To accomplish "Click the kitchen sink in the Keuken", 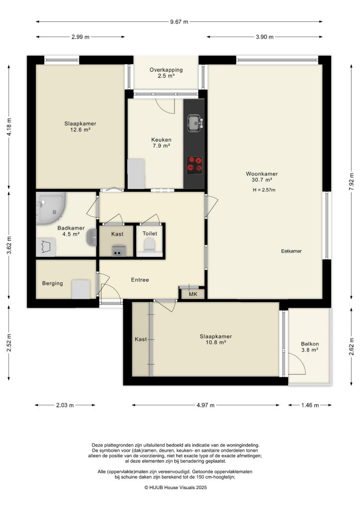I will coord(194,122).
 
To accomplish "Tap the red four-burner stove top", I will coord(194,165).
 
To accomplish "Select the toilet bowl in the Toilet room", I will coord(149,245).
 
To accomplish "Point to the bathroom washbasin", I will coord(91,238).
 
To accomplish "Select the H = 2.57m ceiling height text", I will coord(264,190).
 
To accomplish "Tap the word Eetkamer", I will coord(291,252).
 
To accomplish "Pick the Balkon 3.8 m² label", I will coord(310,347).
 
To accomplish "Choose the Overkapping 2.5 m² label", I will coord(166,73).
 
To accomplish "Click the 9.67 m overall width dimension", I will coord(179,22).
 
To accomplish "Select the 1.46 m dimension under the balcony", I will coord(309,406).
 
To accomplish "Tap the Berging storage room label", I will coord(52,283).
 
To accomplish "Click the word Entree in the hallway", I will coord(140,280).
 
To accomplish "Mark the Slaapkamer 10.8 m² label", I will coord(212,339).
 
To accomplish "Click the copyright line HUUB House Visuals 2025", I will coord(175,488).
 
